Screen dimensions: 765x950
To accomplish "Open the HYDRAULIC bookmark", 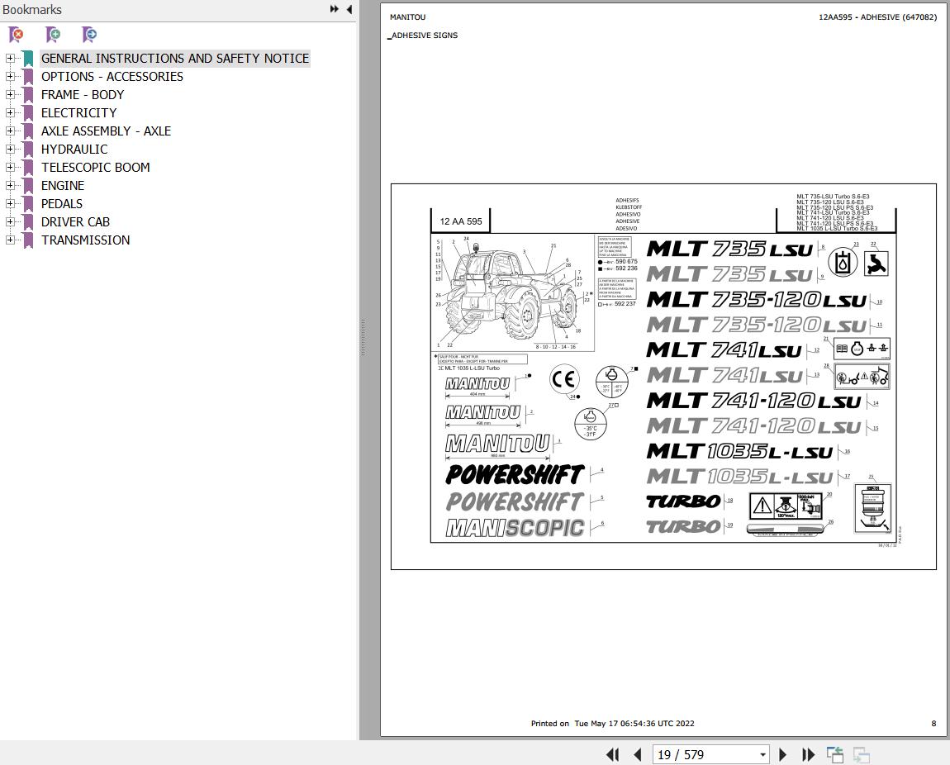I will (74, 150).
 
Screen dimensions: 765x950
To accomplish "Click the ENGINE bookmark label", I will (62, 186).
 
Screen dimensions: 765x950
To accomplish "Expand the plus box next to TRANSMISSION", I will (10, 240).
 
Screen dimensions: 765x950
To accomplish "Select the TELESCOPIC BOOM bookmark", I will (95, 168).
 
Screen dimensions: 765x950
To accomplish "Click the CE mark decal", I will (563, 379).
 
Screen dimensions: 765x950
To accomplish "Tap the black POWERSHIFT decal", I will (515, 474).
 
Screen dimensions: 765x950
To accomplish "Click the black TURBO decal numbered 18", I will (682, 501).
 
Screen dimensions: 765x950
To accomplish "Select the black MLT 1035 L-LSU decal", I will (739, 452).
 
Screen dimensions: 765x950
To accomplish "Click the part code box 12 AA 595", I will (461, 221).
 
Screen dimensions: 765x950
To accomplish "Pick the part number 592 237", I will (625, 304).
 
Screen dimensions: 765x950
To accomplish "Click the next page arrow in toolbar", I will (783, 754).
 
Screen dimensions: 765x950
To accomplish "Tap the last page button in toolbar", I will (808, 754).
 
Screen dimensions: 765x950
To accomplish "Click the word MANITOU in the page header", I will (407, 17).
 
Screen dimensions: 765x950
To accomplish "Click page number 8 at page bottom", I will (933, 723).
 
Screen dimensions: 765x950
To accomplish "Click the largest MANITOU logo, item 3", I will (497, 444).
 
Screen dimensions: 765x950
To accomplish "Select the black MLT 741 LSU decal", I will (724, 350).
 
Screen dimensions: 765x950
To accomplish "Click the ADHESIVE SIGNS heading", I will (424, 36).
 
